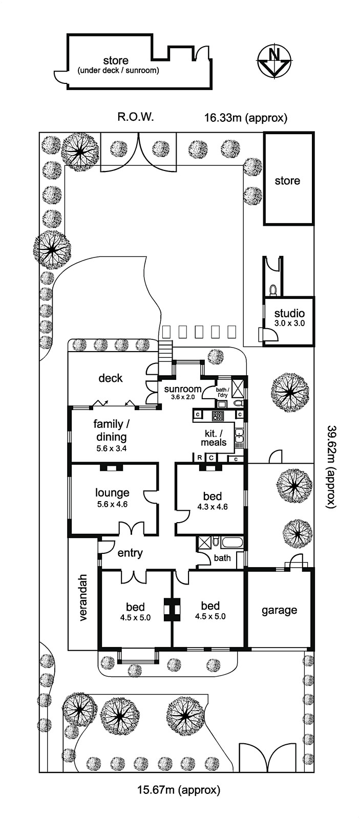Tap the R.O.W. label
135,117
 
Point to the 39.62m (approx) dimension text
332,466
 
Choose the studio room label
289,313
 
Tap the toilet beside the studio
273,290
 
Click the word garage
279,610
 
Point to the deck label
111,378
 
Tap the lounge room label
112,492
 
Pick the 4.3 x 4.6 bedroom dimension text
212,507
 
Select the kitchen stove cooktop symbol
219,416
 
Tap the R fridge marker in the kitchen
199,458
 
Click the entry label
130,553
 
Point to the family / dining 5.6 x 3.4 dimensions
111,448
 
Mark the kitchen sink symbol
239,437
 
